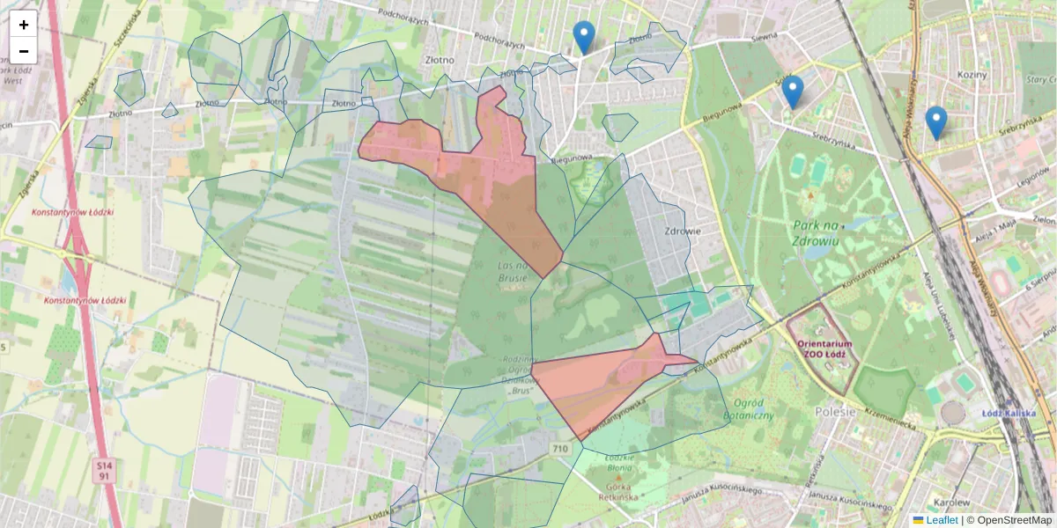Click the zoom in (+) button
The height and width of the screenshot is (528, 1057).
coord(24,25)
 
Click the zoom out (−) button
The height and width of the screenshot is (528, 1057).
coord(24,51)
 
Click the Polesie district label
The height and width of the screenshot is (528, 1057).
coord(836,411)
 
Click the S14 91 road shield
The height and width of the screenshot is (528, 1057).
coord(105,470)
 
